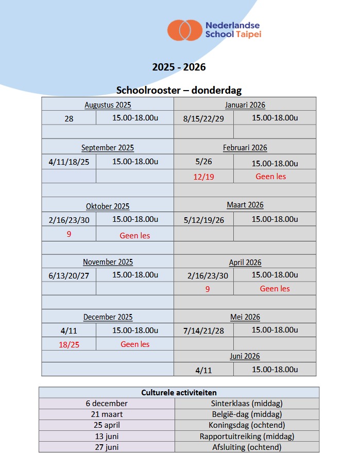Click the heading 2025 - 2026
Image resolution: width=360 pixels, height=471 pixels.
[179, 67]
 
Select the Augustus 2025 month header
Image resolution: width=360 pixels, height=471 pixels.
[108, 105]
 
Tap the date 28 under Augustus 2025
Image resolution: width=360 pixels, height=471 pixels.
[69, 118]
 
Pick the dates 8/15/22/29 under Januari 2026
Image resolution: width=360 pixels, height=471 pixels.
[203, 118]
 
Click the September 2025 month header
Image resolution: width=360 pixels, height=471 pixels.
[108, 148]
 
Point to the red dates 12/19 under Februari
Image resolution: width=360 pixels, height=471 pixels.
[203, 177]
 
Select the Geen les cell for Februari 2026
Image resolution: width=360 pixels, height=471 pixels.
[271, 177]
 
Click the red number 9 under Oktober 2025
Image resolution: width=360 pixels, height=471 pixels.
[69, 234]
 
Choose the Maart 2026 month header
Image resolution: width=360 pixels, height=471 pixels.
[245, 205]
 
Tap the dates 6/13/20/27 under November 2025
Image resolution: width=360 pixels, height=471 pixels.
[69, 276]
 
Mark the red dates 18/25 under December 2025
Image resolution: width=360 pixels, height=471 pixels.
[69, 344]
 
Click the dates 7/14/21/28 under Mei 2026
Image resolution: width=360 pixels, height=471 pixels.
[203, 330]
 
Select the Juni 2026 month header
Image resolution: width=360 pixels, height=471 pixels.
[245, 356]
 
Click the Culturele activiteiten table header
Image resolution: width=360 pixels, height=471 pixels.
[179, 393]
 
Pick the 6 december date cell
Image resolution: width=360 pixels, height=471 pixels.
[107, 404]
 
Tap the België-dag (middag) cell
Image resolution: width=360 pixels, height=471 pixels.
[247, 414]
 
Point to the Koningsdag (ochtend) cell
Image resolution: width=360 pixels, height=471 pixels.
[247, 425]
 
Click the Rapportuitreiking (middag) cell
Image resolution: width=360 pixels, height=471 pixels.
[247, 437]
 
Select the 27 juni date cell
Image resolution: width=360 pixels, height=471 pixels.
[107, 447]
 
